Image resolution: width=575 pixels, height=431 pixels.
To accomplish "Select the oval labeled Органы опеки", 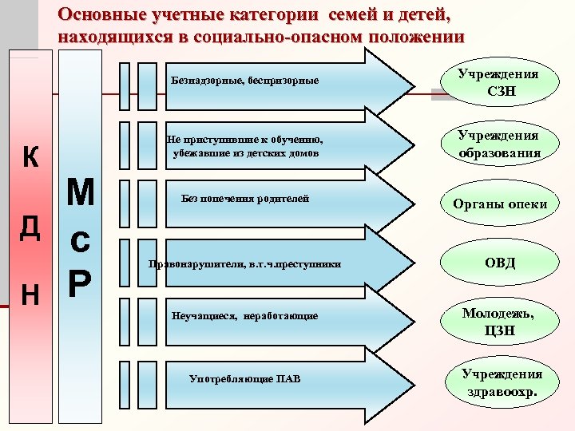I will click(x=500, y=204).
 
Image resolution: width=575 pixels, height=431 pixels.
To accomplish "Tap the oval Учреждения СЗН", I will click(x=500, y=83).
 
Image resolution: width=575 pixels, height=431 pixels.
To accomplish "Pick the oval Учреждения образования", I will click(x=500, y=144).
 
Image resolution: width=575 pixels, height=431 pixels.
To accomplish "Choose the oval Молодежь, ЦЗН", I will click(x=500, y=322).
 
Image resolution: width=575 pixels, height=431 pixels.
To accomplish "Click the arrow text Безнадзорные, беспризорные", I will click(x=245, y=81).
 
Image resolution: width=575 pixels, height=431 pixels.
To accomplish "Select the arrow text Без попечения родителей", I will click(x=245, y=198).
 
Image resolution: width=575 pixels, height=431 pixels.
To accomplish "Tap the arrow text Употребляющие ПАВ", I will click(x=245, y=378).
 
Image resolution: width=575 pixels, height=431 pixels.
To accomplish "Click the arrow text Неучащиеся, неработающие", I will click(x=245, y=316).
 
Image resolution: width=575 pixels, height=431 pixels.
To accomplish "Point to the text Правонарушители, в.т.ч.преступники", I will click(x=245, y=263).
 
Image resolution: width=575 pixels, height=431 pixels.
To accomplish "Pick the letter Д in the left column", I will click(x=30, y=227).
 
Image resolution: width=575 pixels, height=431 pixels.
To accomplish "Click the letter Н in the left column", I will click(x=30, y=295).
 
